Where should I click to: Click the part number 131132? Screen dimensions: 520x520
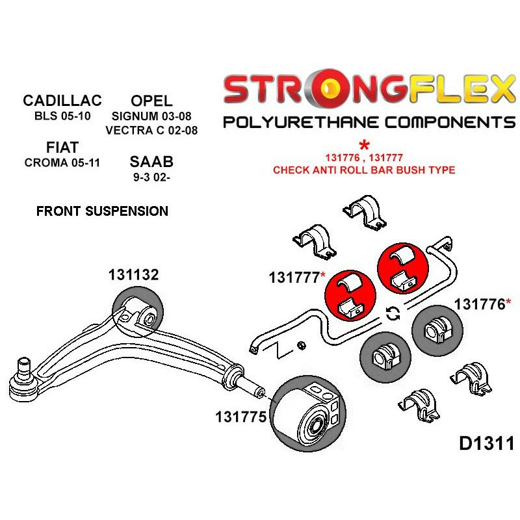(133, 275)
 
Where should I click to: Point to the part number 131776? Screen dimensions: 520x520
(479, 304)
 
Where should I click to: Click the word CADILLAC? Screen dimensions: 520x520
(62, 101)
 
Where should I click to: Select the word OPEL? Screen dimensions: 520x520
(151, 101)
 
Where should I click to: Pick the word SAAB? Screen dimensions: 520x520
(151, 161)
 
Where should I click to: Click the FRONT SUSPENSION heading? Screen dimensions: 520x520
(102, 211)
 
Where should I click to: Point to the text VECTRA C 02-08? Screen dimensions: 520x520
(151, 130)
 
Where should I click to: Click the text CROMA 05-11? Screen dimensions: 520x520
(62, 162)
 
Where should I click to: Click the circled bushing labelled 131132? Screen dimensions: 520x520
(137, 313)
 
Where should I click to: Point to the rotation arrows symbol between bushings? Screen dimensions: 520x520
(393, 314)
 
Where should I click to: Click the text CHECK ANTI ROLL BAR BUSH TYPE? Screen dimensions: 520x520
(364, 170)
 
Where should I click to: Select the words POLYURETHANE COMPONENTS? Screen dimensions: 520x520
(369, 122)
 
